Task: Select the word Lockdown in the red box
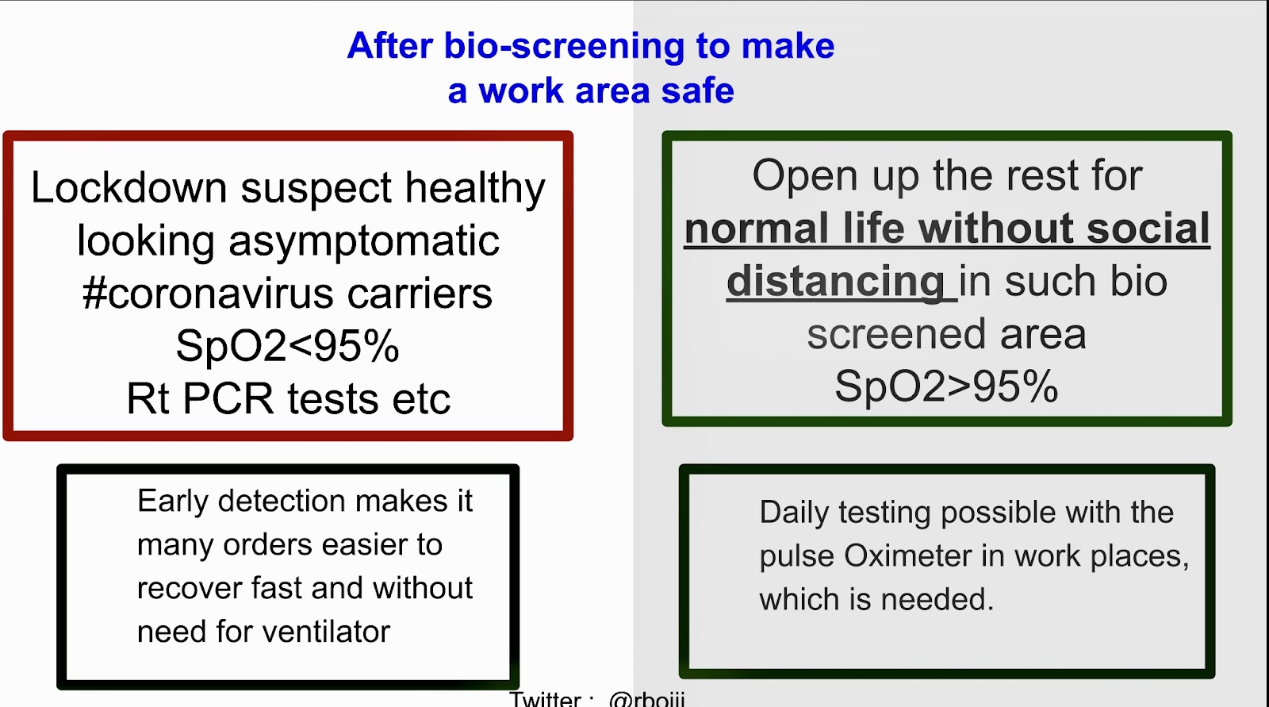128,187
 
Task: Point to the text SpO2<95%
288,346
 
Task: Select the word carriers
420,294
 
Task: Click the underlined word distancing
836,282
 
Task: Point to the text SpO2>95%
947,386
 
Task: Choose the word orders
267,545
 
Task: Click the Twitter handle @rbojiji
647,699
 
